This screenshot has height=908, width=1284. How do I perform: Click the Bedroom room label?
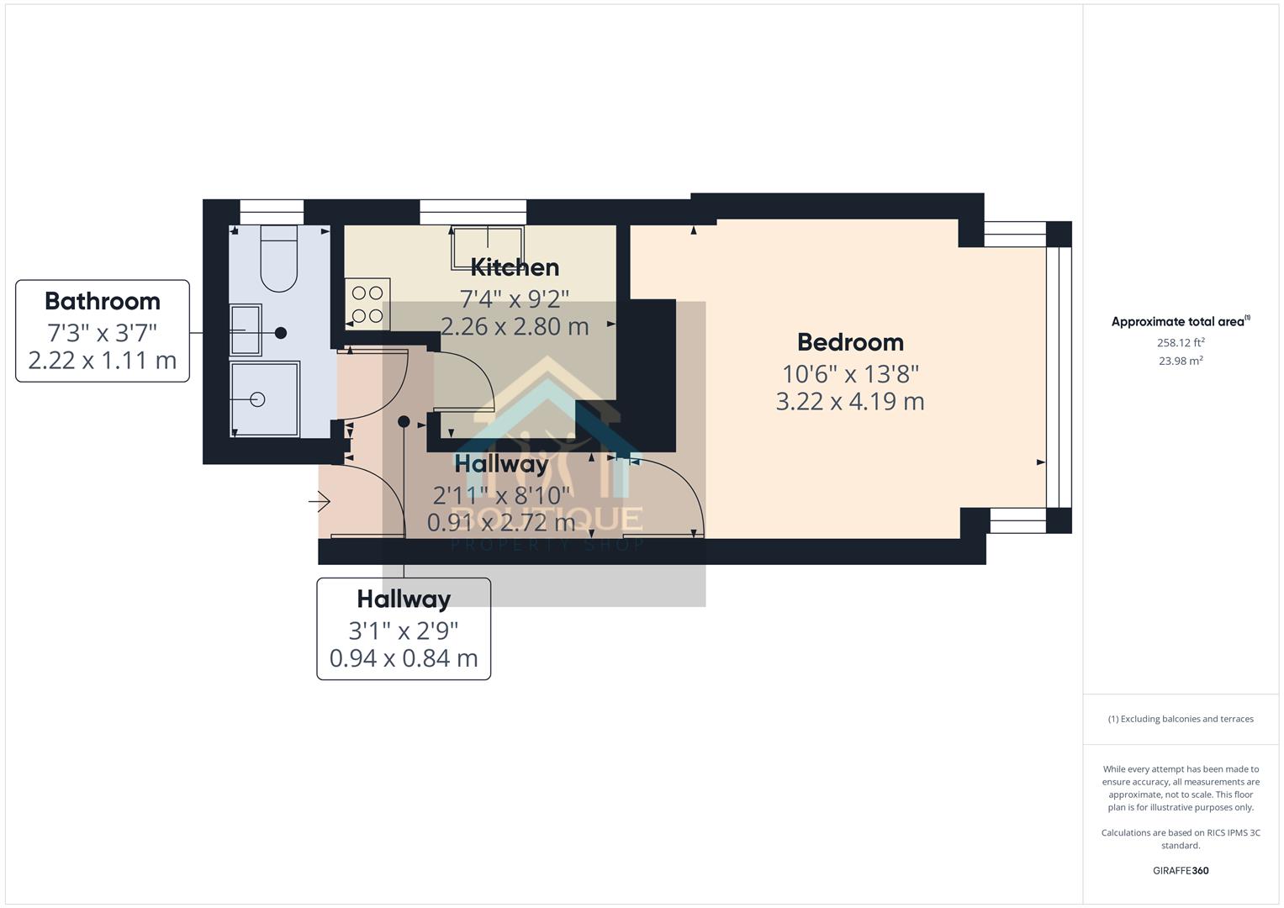[850, 342]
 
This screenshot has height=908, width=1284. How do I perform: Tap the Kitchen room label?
[515, 267]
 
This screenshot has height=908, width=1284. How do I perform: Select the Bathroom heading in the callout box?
[103, 301]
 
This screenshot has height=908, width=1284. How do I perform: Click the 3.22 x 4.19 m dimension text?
[850, 401]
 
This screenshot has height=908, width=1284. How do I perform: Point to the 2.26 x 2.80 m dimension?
[515, 326]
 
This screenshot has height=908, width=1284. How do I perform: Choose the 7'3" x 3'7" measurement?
[103, 333]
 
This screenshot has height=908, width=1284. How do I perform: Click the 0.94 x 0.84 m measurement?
[404, 657]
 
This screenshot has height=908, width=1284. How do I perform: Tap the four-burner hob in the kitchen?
[367, 304]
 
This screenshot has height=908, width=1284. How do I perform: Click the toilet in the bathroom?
[279, 256]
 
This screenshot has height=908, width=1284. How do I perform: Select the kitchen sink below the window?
[488, 248]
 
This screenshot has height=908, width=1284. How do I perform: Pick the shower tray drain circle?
[257, 399]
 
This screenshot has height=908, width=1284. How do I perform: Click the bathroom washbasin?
[246, 330]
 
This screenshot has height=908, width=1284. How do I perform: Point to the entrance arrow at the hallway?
[320, 503]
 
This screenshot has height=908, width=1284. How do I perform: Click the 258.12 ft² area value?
[1181, 342]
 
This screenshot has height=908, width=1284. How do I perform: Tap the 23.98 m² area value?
[1181, 361]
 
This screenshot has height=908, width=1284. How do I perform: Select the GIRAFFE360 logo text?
[1181, 870]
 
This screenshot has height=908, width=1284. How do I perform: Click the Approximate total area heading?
[1180, 321]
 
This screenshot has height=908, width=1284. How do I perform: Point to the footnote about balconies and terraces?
[1181, 719]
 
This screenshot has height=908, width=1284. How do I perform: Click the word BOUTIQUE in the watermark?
[547, 520]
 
